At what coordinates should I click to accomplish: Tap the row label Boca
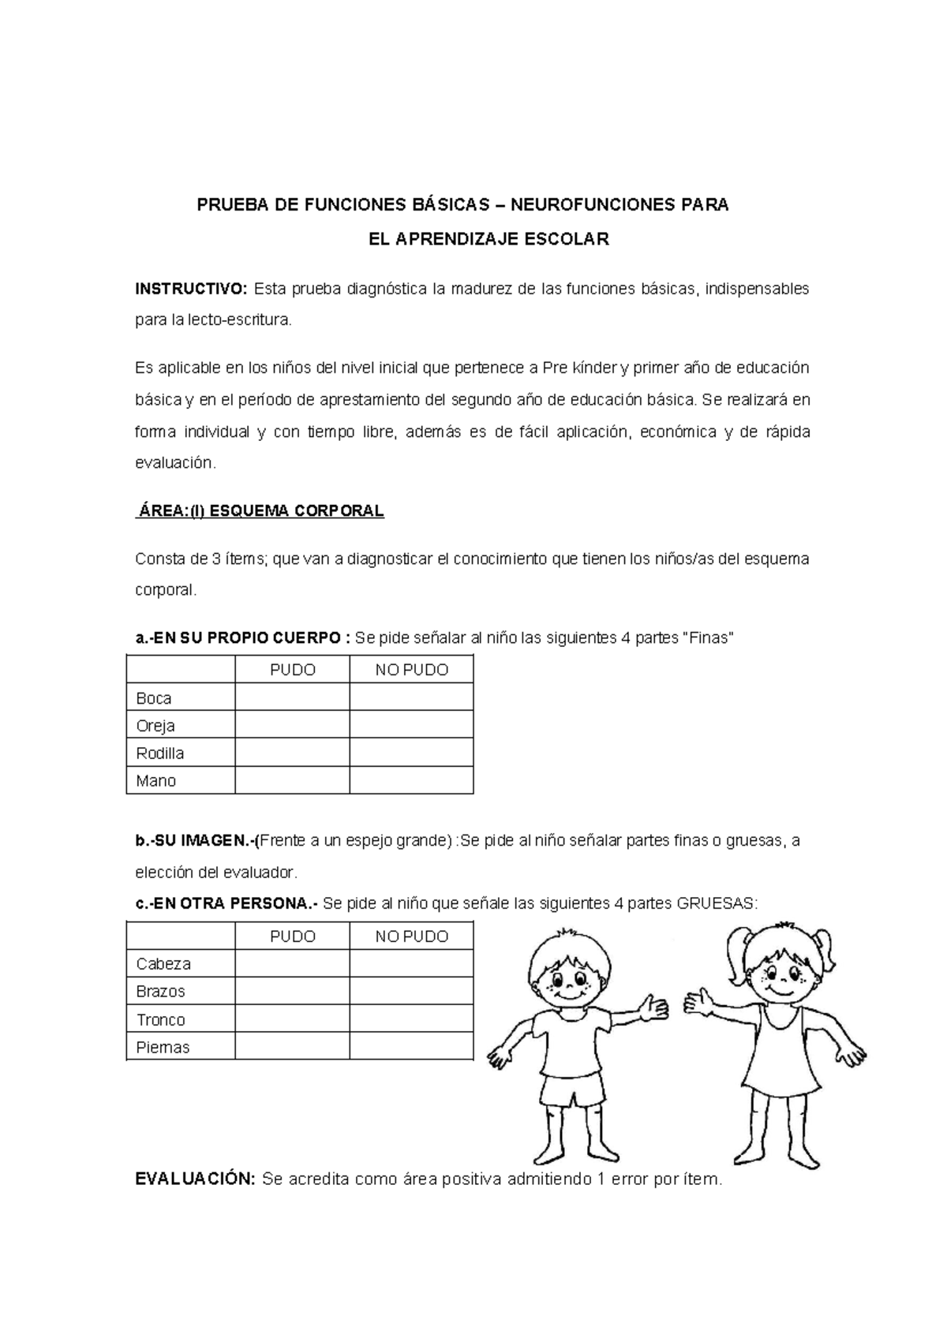click(154, 698)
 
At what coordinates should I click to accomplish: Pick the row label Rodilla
click(160, 753)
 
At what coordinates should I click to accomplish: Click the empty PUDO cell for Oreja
click(292, 726)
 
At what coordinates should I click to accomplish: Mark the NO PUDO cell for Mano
click(411, 781)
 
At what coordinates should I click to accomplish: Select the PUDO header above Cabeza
click(292, 936)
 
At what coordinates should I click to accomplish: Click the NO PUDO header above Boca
click(411, 671)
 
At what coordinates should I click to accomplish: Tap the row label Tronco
click(160, 1020)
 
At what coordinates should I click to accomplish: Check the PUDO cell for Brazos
click(292, 992)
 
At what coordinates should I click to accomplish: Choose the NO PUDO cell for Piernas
click(411, 1048)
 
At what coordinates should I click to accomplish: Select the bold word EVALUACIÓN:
click(195, 1180)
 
